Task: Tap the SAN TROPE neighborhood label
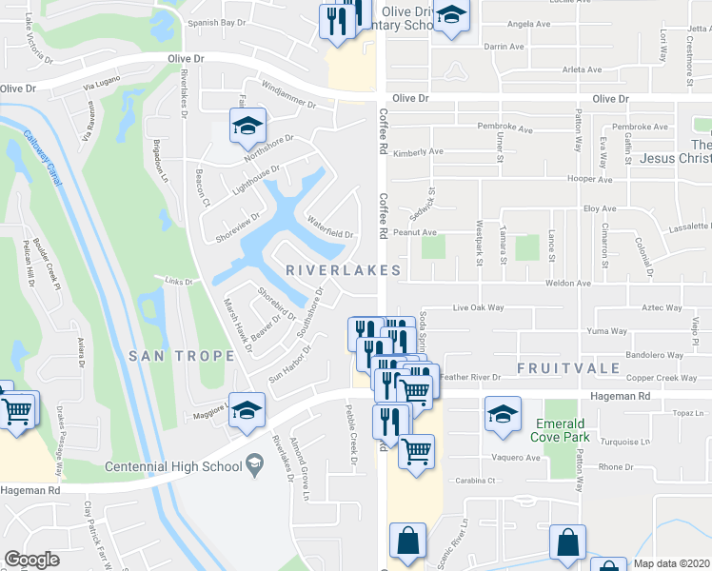[x=181, y=356]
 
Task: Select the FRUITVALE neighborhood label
[x=569, y=367]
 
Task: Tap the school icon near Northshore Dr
[x=247, y=125]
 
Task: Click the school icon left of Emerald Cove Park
[x=503, y=414]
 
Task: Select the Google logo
[x=32, y=560]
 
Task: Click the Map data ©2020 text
[x=672, y=563]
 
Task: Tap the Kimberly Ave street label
[x=419, y=152]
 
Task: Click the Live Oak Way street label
[x=477, y=308]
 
